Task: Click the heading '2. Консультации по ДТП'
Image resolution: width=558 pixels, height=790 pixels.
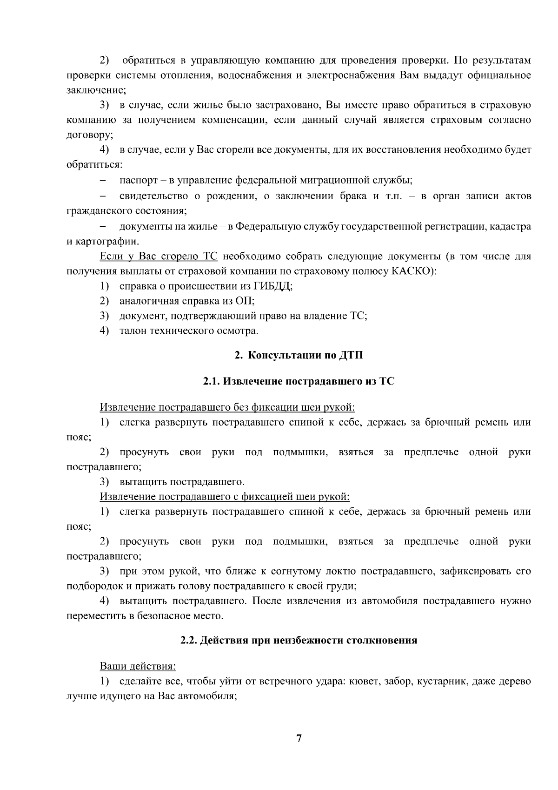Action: pos(299,356)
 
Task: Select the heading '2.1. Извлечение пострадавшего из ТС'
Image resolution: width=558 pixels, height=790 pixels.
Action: pos(299,381)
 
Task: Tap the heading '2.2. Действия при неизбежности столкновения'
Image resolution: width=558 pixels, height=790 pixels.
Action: pos(299,640)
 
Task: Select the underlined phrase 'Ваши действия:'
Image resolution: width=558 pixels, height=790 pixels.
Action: pos(138,666)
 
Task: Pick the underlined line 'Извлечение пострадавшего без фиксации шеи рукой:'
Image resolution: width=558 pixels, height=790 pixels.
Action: pos(227,407)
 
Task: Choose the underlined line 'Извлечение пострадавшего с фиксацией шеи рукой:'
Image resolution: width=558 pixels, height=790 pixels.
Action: pos(225,497)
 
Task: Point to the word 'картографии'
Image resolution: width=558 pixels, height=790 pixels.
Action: pos(106,242)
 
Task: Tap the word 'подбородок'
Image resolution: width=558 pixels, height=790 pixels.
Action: pos(91,586)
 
